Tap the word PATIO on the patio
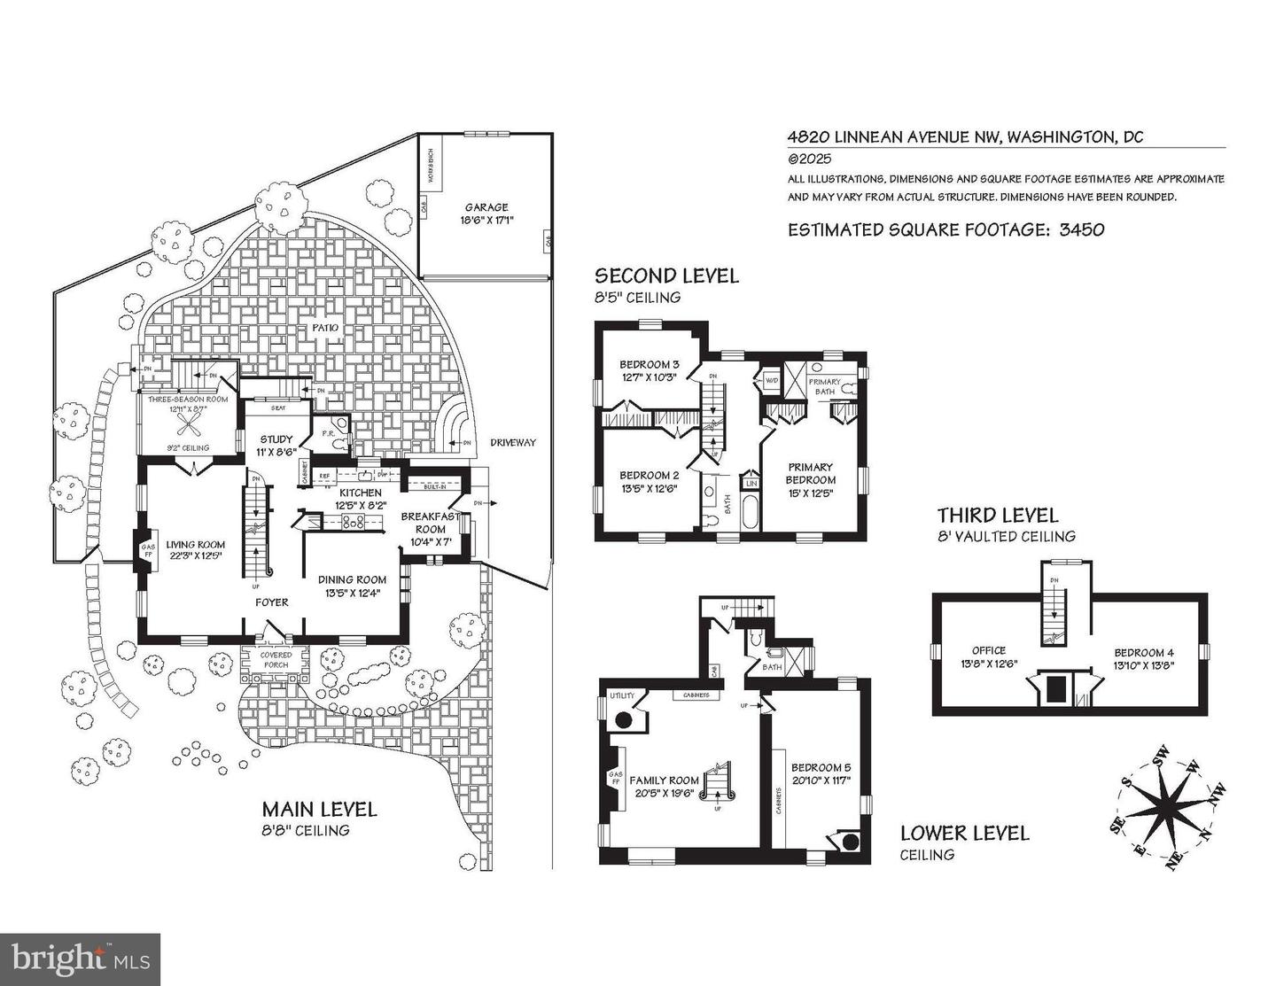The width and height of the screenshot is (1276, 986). [x=324, y=328]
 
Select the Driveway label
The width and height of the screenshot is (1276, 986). [x=513, y=442]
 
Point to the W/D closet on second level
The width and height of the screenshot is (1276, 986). [x=770, y=381]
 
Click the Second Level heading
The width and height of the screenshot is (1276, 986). [x=665, y=276]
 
